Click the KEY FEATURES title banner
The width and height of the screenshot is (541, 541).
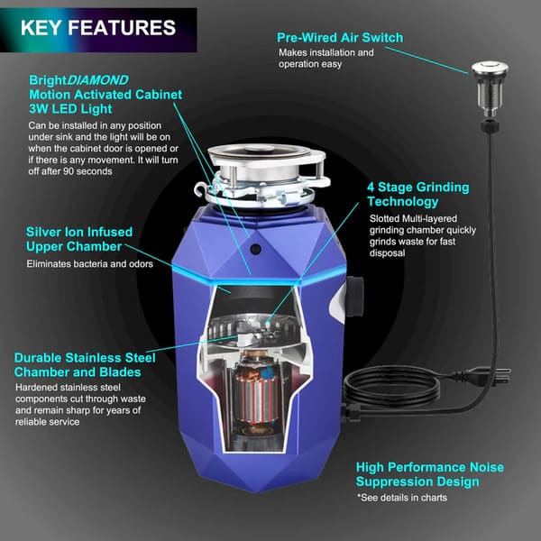98,28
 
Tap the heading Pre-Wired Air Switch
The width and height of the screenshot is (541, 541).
340,38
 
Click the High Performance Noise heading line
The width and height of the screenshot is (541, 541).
429,467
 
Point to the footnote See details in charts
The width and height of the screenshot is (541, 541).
411,497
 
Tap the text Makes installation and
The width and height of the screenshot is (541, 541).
325,52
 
